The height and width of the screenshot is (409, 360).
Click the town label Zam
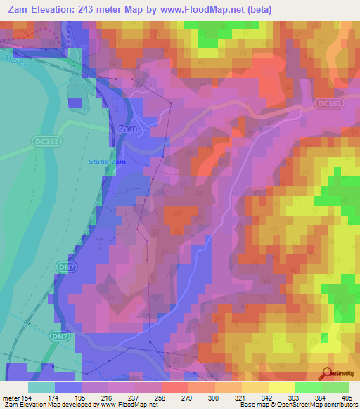point(127,129)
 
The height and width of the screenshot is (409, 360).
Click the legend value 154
point(23,398)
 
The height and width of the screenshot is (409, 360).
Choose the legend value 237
point(146,398)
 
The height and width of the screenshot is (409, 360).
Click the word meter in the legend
point(9,398)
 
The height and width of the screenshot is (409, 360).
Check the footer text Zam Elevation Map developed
point(53,405)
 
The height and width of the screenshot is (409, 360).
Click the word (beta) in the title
point(270,10)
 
